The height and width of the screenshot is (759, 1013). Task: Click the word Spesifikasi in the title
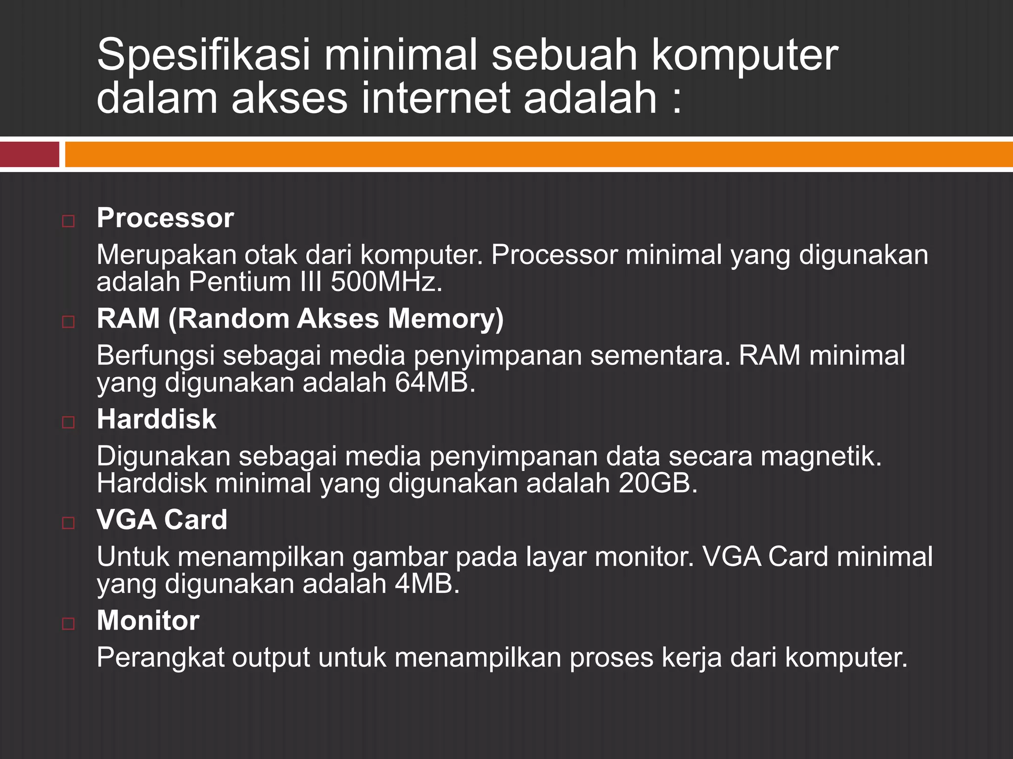click(203, 55)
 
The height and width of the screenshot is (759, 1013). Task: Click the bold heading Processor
click(165, 218)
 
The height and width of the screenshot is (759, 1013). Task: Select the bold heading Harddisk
click(156, 419)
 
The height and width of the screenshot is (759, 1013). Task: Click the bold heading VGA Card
click(162, 520)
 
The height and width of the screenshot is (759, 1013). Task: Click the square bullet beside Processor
click(68, 221)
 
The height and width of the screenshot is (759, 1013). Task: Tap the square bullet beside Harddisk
click(68, 422)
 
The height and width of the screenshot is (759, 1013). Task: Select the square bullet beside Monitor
click(68, 624)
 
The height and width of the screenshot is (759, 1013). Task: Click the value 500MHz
click(386, 282)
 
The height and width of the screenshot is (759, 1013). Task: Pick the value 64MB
click(435, 382)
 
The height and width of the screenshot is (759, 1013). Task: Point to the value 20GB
click(657, 483)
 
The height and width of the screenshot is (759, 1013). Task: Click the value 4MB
click(427, 584)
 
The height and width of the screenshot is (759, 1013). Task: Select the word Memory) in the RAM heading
click(446, 319)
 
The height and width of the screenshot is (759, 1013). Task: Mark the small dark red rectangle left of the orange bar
click(30, 154)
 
